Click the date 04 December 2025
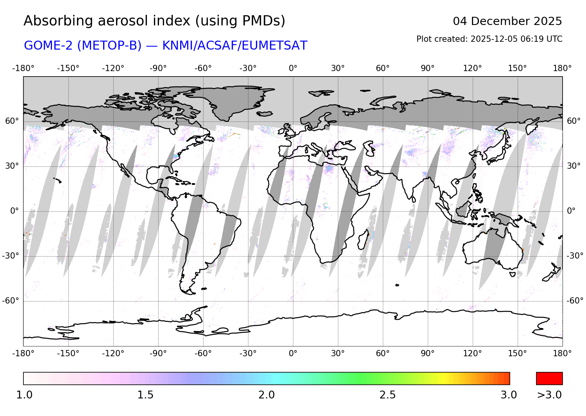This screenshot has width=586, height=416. point(507,21)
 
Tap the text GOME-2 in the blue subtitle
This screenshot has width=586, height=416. point(48,46)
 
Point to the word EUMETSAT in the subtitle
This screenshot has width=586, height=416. point(274,46)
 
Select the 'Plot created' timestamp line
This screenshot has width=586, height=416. point(489,39)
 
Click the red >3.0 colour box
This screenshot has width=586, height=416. point(549,378)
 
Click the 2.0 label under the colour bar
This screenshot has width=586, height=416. point(266,395)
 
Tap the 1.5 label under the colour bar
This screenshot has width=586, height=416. point(145,395)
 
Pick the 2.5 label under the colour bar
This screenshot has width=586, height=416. point(388,395)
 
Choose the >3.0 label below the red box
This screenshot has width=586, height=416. point(549,395)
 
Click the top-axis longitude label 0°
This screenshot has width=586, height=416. point(293,68)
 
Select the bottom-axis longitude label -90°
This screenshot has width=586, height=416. point(158,353)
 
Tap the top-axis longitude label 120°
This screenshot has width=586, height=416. point(473,68)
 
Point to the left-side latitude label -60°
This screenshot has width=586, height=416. point(11,301)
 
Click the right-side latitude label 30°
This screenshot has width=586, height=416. point(573,166)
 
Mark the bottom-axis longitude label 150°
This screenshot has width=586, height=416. point(518,353)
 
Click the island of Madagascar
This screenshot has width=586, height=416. point(363,239)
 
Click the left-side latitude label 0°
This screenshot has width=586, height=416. point(14,211)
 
